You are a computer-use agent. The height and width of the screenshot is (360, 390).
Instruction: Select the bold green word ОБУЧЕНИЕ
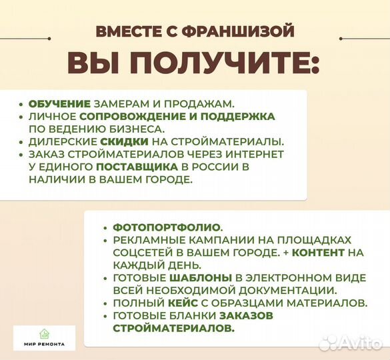click(x=59, y=105)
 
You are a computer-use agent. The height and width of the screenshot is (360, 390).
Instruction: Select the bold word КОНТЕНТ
click(x=319, y=253)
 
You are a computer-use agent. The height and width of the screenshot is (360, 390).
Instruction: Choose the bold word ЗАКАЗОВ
click(x=220, y=316)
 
